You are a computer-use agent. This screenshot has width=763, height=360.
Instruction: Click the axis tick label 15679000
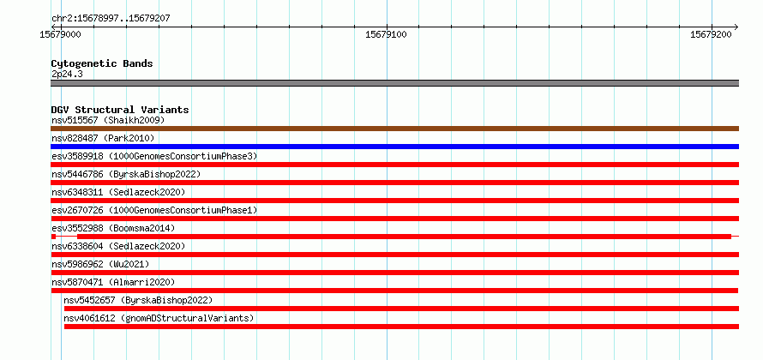pos(60,34)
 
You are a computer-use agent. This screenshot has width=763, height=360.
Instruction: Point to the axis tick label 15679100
pos(387,34)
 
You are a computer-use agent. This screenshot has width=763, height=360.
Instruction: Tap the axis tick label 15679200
pos(711,34)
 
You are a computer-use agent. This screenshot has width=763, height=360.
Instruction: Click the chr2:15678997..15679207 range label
pos(111,19)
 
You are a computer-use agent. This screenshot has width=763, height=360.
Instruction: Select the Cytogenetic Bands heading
pos(102,63)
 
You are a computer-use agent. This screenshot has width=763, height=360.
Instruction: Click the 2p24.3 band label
pos(67,75)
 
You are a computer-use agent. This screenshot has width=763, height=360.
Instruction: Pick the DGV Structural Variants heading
pos(120,110)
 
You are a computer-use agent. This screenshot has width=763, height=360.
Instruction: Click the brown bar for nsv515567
pos(394,129)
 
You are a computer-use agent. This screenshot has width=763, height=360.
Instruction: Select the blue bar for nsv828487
pos(394,147)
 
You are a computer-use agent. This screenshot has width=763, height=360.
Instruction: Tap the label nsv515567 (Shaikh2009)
pos(108,120)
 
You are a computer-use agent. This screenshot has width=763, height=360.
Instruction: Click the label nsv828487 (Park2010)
pos(103,138)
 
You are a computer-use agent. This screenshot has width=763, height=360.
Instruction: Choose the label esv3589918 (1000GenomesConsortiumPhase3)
pos(154,156)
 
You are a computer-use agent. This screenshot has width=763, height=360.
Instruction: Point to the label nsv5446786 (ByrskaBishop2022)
pos(125,174)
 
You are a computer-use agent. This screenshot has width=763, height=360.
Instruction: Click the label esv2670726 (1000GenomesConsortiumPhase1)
pos(154,210)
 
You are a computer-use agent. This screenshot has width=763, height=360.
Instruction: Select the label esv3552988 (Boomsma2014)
pos(113,228)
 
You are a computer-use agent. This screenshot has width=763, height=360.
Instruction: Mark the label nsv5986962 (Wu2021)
pos(100,264)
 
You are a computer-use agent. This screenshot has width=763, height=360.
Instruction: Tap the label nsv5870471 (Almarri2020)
pos(113,282)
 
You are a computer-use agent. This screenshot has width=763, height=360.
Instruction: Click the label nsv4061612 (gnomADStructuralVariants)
pos(159,318)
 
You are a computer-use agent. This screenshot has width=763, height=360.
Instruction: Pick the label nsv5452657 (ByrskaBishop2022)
pos(138,300)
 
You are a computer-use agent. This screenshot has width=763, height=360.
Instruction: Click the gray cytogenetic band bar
pos(394,83)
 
